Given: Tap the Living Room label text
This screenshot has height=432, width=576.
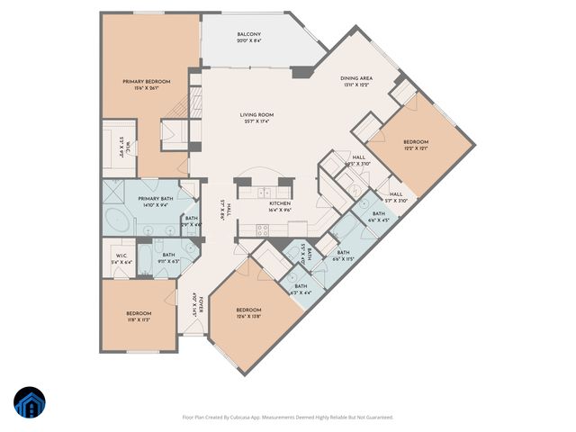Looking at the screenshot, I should (256, 115).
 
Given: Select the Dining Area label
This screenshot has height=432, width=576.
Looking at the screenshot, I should (357, 79).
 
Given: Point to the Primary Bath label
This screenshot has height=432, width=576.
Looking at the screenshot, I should (154, 199).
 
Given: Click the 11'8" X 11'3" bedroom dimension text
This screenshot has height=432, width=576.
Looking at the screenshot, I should (139, 319).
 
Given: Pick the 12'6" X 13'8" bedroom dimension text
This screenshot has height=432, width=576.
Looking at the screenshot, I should (248, 316).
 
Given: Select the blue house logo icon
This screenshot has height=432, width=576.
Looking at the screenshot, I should (30, 404).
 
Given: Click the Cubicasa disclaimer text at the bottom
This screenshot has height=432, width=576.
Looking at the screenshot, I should (288, 417).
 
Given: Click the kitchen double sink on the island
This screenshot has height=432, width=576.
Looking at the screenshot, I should (265, 192).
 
